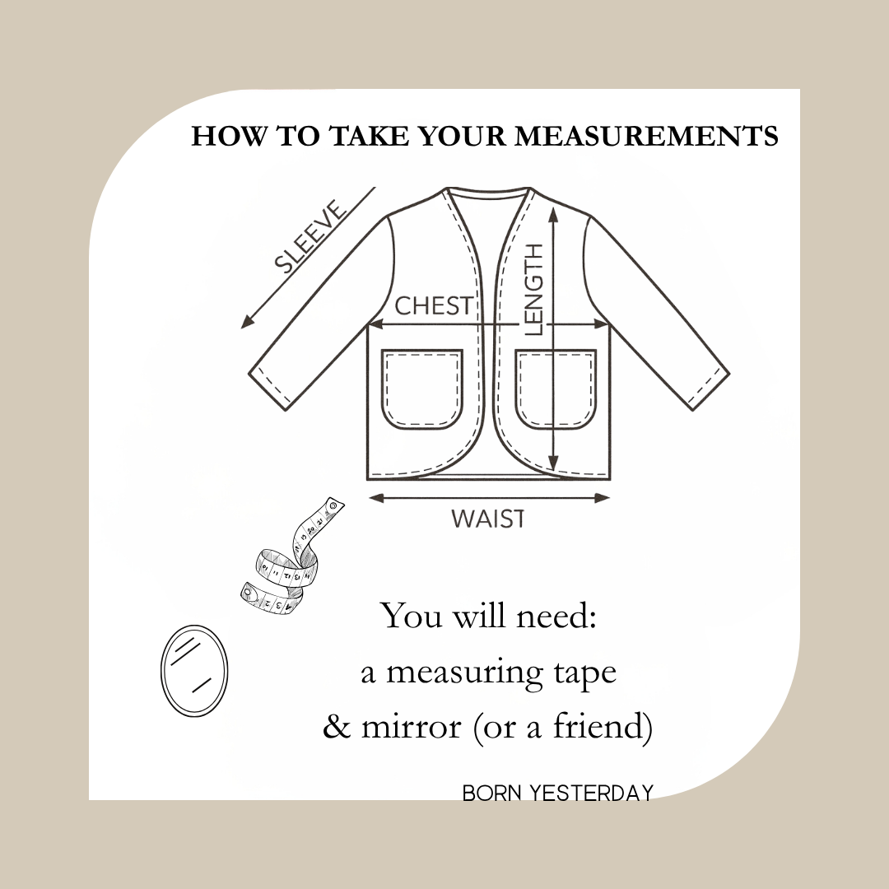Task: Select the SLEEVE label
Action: pyautogui.click(x=310, y=236)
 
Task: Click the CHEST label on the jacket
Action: pyautogui.click(x=433, y=305)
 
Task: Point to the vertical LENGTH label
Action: pyautogui.click(x=534, y=290)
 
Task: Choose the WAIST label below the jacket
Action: pyautogui.click(x=487, y=519)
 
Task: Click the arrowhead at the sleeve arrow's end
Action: pyautogui.click(x=247, y=323)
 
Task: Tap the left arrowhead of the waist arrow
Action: pyautogui.click(x=376, y=498)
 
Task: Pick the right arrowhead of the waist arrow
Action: pyautogui.click(x=602, y=498)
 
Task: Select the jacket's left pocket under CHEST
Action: pyautogui.click(x=422, y=389)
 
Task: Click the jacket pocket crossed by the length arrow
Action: pyautogui.click(x=556, y=389)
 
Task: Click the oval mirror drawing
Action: pyautogui.click(x=194, y=670)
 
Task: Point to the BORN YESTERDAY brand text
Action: pyautogui.click(x=558, y=793)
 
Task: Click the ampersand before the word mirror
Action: pyautogui.click(x=337, y=727)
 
